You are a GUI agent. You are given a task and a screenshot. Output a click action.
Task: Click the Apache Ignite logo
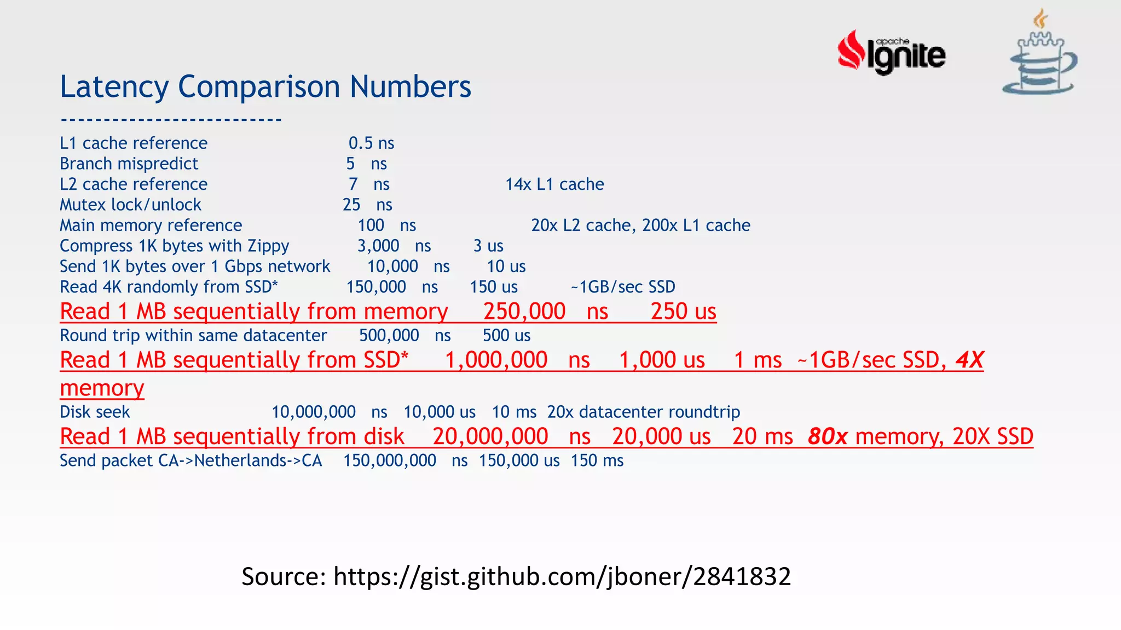pos(891,52)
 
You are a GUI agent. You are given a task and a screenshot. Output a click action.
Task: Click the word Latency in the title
pos(114,86)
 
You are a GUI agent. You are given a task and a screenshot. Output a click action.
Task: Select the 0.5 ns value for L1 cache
pos(371,143)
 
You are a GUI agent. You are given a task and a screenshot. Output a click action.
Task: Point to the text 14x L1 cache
pos(554,184)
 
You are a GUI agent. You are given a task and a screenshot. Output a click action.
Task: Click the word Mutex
pos(83,205)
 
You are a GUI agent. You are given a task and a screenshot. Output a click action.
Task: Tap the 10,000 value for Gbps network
pos(392,266)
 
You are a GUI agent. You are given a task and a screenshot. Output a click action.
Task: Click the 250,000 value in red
pos(524,311)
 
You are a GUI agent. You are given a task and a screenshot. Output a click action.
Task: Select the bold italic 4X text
pos(969,360)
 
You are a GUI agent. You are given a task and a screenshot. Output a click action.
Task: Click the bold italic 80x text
pos(828,436)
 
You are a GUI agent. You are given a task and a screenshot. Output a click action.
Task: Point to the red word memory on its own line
pos(102,388)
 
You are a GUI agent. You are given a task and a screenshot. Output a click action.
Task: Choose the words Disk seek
pos(95,412)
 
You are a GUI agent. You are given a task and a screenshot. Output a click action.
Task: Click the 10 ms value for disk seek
pos(514,412)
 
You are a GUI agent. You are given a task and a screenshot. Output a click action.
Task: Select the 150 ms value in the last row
pos(597,460)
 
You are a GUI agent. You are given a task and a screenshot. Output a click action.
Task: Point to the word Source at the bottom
pos(284,576)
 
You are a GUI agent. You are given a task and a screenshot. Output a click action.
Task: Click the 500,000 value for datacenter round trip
pos(389,335)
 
